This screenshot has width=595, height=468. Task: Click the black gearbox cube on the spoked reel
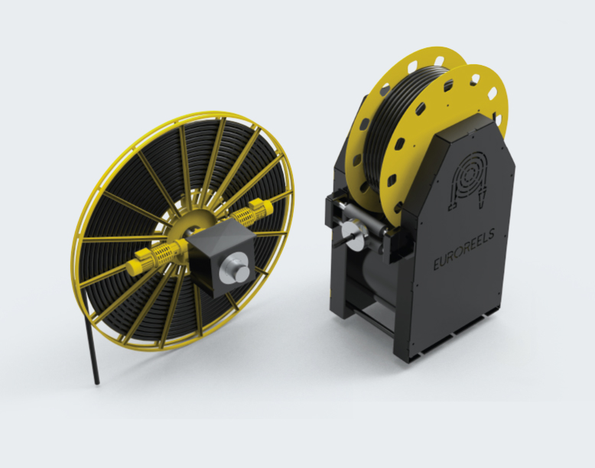coord(222,257)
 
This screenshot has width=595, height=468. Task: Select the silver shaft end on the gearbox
coord(236,268)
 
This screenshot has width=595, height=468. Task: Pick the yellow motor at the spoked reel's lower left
coord(138,264)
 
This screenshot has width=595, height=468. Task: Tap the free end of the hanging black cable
coord(96,383)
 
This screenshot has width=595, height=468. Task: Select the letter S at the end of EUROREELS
coord(492,234)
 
